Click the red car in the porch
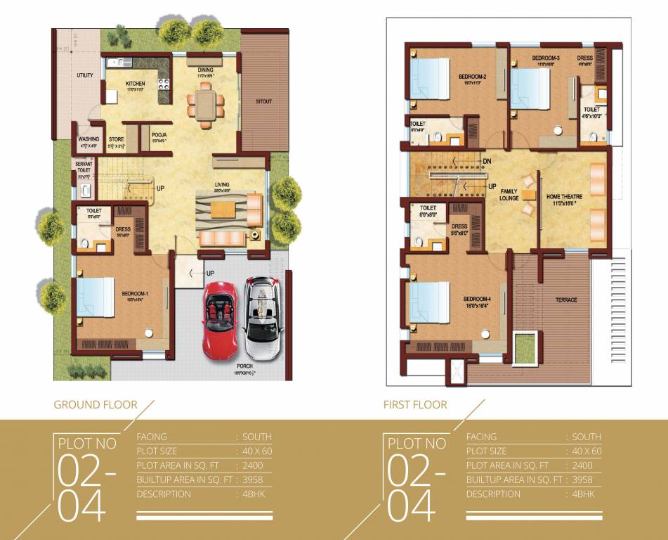(x=222, y=321)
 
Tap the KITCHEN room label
(x=136, y=84)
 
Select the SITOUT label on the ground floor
(x=263, y=102)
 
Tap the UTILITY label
(x=85, y=75)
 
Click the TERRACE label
(x=566, y=300)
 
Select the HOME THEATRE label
(x=565, y=197)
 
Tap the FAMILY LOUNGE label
(x=510, y=194)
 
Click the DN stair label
(x=487, y=161)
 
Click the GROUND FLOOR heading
(x=96, y=404)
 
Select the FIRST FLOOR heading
(x=415, y=404)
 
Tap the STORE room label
(x=117, y=139)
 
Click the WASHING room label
(x=89, y=139)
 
